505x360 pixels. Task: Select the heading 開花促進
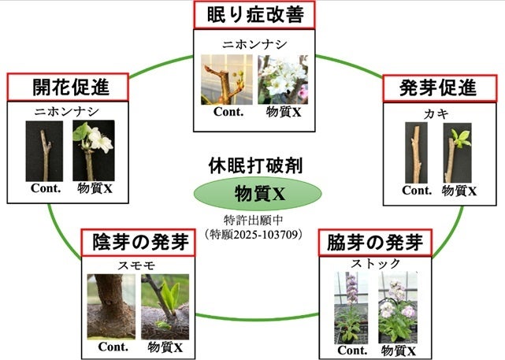(x=70, y=86)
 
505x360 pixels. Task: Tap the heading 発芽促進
(x=437, y=88)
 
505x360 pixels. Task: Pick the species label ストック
(x=375, y=263)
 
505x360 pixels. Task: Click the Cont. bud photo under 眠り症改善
(x=225, y=79)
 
